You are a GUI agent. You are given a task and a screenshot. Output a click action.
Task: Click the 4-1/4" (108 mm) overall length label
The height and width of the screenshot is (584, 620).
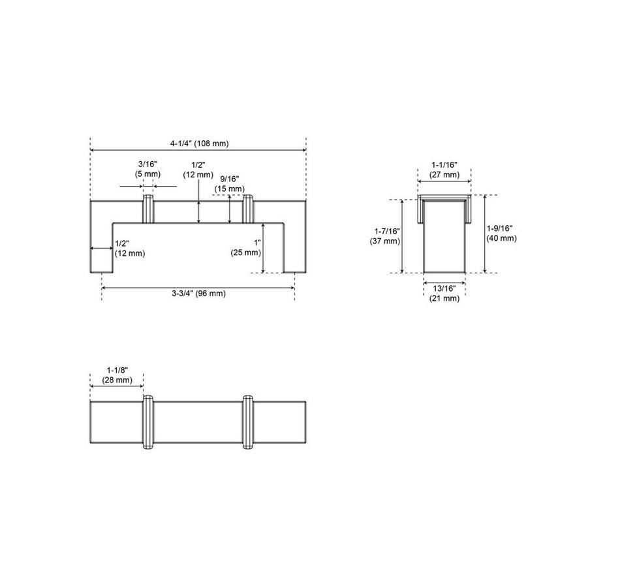(x=199, y=144)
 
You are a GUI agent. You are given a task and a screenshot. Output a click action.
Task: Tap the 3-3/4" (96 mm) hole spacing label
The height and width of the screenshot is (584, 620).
(x=198, y=294)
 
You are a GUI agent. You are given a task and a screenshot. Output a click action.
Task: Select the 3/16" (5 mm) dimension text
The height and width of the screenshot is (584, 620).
(x=147, y=169)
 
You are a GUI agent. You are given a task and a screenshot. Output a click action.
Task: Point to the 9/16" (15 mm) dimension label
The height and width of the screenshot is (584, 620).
(x=229, y=184)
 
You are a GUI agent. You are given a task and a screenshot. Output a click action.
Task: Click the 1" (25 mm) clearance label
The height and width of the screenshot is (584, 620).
(x=245, y=247)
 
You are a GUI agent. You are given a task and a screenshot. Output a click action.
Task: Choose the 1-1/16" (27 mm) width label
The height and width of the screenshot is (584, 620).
(x=444, y=170)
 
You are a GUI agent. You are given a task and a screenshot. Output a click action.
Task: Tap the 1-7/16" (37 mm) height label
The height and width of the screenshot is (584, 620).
(x=385, y=236)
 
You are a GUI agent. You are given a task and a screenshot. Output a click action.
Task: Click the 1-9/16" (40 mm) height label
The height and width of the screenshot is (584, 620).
(x=501, y=234)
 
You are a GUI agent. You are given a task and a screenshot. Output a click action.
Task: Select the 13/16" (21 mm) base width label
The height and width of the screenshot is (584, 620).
(x=444, y=294)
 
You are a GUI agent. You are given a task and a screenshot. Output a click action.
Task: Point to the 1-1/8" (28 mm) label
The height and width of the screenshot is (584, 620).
(x=117, y=375)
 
